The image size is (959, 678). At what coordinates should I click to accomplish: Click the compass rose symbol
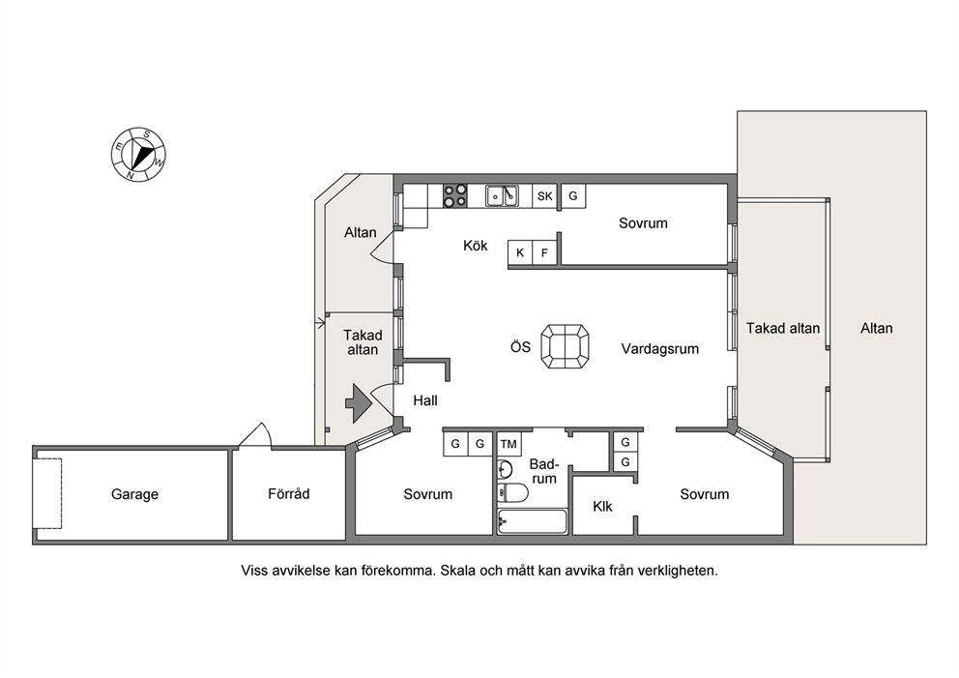coord(138,154)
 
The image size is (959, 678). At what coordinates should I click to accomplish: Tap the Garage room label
coord(134,494)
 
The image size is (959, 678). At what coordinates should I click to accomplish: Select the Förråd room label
coord(289,493)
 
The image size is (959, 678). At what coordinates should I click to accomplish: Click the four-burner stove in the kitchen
coord(455,195)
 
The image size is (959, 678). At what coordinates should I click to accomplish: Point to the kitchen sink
coord(502,195)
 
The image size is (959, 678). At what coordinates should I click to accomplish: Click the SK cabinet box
coord(544,195)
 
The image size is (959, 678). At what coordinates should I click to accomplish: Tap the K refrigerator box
coord(520,252)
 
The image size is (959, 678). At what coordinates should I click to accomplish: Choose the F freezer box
coord(544,252)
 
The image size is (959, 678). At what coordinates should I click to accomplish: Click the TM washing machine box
coord(509,444)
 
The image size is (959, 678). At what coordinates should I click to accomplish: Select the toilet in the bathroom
coord(513,492)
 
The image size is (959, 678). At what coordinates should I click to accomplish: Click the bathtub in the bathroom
coord(532,521)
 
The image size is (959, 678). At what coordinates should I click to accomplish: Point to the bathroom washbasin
coord(506,469)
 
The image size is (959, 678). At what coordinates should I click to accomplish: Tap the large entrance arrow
coord(359,402)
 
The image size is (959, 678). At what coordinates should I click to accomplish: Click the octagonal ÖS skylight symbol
coord(566,346)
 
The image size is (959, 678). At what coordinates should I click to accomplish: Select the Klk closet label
coord(602,506)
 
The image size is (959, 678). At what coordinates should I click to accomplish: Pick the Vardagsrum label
coord(660,349)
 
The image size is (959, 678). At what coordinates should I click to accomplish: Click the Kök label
coord(476,246)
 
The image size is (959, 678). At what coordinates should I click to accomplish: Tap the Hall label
coord(425,400)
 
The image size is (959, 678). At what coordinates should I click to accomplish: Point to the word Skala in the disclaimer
coord(457,571)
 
